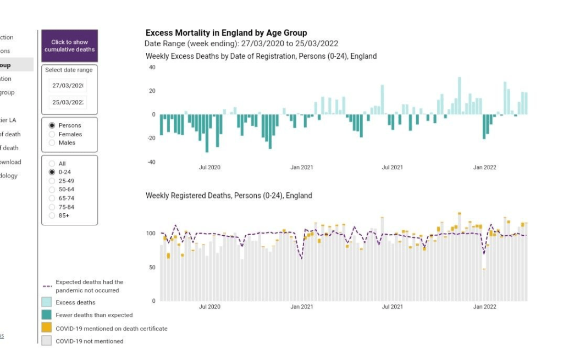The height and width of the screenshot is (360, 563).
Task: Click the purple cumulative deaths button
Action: [x=69, y=46]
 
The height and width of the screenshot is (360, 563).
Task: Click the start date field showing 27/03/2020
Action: [x=68, y=86]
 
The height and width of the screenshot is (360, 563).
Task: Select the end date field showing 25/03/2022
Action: [x=68, y=103]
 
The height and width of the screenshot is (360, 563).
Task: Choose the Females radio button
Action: [x=52, y=134]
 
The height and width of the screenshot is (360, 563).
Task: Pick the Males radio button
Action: [x=52, y=143]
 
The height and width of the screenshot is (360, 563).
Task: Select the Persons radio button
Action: [x=52, y=125]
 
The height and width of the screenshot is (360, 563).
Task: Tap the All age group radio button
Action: [x=52, y=164]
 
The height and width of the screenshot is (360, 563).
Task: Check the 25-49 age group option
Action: [x=52, y=181]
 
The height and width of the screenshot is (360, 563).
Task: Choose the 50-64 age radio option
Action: [x=52, y=190]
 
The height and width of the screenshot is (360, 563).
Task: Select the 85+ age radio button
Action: [x=52, y=216]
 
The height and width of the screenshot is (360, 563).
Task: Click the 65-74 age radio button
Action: [x=52, y=198]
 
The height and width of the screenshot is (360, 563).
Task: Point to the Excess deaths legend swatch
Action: [x=47, y=302]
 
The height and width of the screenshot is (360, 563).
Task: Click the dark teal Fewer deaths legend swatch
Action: [x=47, y=315]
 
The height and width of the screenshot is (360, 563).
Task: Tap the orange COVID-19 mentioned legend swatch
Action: [x=47, y=328]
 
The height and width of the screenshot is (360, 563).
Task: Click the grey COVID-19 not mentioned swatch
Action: [x=47, y=341]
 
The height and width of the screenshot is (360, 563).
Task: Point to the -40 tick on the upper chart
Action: [x=151, y=162]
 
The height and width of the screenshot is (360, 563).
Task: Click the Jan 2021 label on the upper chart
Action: [x=302, y=167]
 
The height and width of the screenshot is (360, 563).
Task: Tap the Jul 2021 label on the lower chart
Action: [x=393, y=307]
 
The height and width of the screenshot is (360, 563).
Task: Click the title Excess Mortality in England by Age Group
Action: [x=226, y=33]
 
